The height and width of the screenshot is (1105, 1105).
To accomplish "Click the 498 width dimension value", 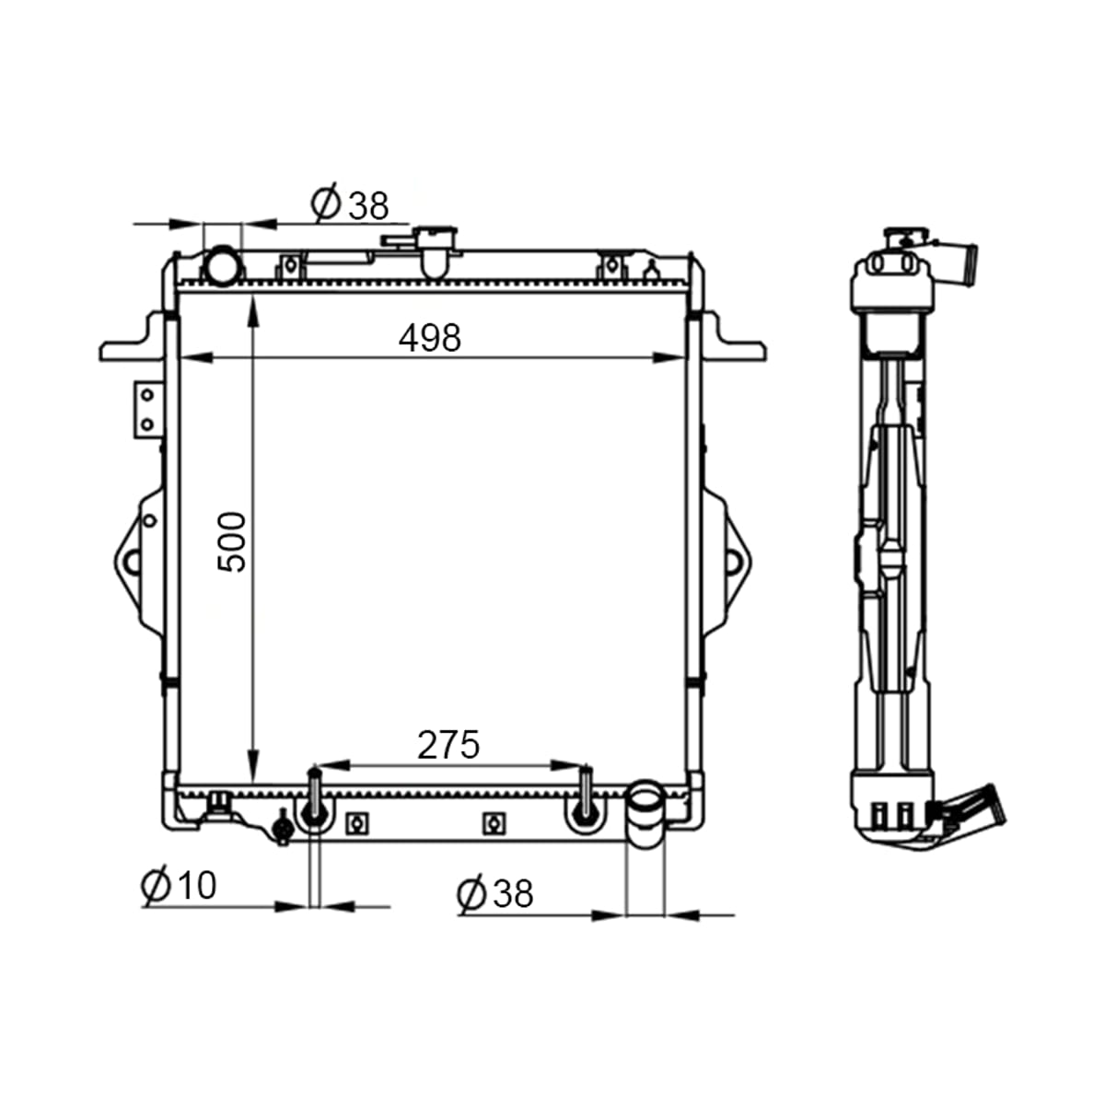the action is pyautogui.click(x=429, y=338).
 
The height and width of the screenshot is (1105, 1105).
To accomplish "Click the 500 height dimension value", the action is pyautogui.click(x=232, y=542).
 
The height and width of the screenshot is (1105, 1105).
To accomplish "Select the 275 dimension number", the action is pyautogui.click(x=448, y=745).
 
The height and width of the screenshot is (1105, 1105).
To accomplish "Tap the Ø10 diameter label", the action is pyautogui.click(x=179, y=884).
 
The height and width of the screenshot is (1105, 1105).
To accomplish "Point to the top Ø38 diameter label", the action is pyautogui.click(x=350, y=204).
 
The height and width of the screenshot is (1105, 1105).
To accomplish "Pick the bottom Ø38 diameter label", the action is pyautogui.click(x=495, y=893).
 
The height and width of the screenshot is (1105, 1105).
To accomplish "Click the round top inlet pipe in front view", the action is pyautogui.click(x=224, y=265).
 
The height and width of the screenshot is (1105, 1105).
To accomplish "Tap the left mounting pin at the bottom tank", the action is pyautogui.click(x=314, y=797).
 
